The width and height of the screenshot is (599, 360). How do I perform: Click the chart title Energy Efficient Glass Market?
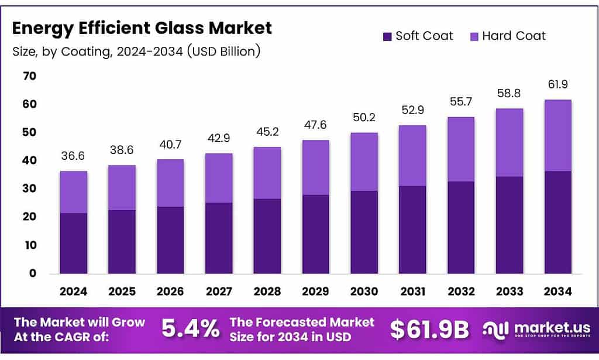click(x=142, y=28)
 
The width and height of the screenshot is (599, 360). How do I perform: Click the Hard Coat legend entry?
click(x=507, y=36)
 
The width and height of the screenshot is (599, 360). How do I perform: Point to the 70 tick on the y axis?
click(x=29, y=76)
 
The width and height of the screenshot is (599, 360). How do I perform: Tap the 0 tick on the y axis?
click(x=33, y=273)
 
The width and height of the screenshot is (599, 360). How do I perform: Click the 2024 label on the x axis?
click(x=73, y=292)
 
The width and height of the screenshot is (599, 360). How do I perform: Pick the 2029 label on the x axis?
click(x=315, y=292)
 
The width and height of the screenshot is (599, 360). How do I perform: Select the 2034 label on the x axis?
click(x=557, y=292)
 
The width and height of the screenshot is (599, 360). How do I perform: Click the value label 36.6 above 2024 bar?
click(x=73, y=156)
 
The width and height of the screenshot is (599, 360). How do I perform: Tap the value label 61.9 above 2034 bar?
click(x=557, y=85)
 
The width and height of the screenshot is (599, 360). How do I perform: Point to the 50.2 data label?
click(x=364, y=118)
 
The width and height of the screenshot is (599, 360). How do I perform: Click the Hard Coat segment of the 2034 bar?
click(x=557, y=135)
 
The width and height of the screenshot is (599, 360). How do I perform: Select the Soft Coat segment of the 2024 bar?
click(x=73, y=243)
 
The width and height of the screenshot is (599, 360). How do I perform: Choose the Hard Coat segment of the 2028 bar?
click(x=267, y=173)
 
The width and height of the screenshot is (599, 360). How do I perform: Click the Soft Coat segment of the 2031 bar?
click(x=412, y=229)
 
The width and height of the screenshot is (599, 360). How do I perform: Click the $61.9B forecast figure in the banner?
click(x=429, y=330)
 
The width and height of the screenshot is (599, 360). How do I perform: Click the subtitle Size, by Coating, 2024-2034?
click(x=136, y=52)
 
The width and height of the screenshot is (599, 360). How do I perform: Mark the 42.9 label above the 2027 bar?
click(x=219, y=139)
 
